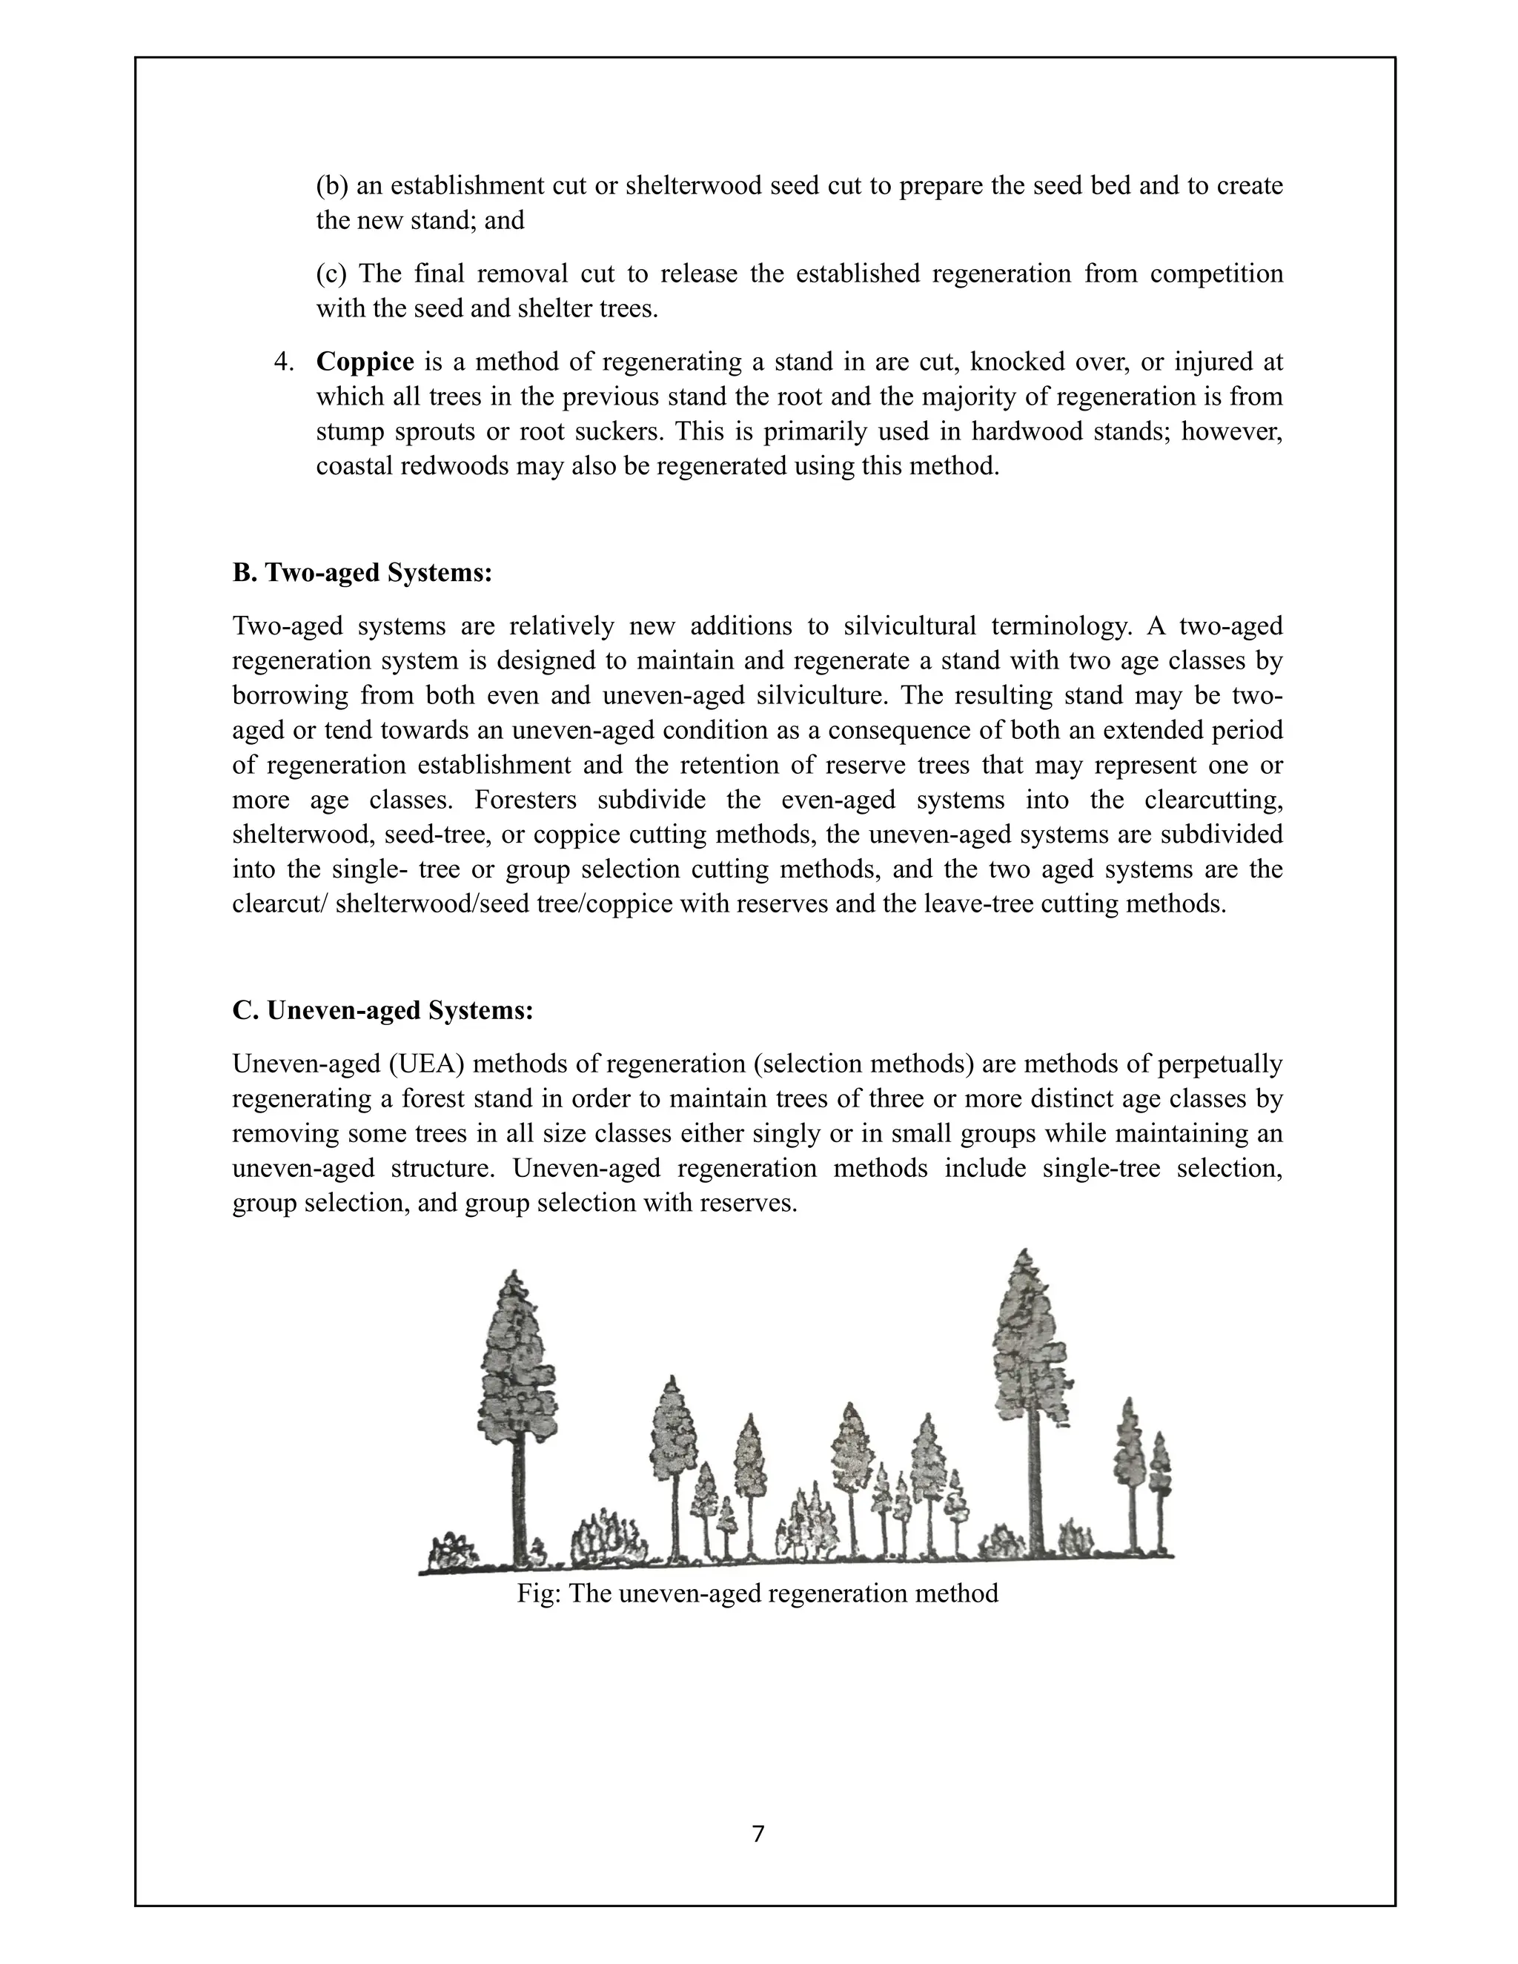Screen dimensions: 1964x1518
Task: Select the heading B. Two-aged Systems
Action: tap(362, 573)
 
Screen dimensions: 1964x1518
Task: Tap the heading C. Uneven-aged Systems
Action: tap(382, 1011)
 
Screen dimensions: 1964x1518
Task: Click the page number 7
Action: tap(758, 1834)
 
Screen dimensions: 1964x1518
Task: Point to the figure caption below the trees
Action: tap(758, 1593)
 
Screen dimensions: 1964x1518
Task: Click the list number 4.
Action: tap(284, 362)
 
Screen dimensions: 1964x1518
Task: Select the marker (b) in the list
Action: tap(332, 186)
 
